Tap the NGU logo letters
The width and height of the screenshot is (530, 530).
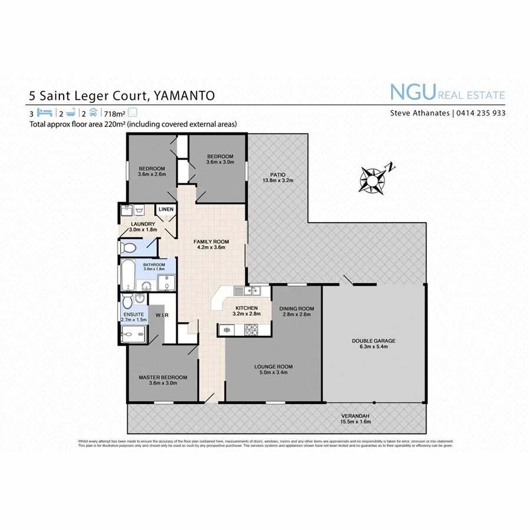tap(412, 93)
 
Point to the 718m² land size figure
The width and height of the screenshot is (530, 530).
tap(115, 113)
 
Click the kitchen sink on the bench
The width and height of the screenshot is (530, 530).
tap(254, 290)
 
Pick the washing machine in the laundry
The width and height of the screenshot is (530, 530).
tap(140, 210)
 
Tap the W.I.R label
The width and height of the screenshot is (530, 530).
tap(163, 316)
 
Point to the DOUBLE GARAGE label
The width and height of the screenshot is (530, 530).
tap(373, 341)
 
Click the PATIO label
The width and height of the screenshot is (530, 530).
tap(278, 174)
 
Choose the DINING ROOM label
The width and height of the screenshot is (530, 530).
tap(296, 309)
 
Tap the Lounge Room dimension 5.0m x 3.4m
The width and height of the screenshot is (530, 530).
tap(273, 373)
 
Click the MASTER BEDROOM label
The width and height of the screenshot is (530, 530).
tap(163, 377)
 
